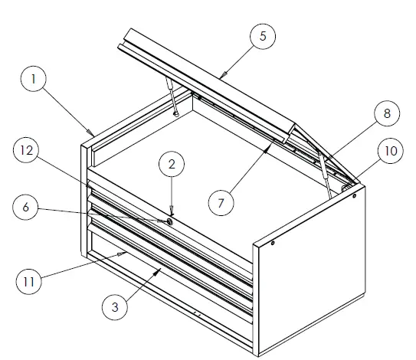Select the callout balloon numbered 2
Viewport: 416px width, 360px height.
tap(172, 164)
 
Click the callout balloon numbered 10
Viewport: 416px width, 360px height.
tap(391, 152)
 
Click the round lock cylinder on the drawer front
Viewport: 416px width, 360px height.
tap(168, 221)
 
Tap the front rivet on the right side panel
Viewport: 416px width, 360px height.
tap(273, 244)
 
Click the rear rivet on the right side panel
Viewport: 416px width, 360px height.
tap(355, 197)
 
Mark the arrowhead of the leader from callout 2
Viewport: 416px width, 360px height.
tap(172, 215)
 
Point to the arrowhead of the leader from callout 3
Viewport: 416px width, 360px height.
tap(160, 270)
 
